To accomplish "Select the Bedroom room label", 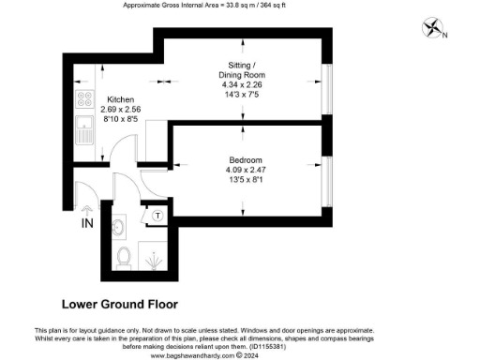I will (247, 159).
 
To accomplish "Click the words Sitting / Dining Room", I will (241, 68).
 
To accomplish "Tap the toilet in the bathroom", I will (124, 255).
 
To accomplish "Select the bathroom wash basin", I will (119, 226).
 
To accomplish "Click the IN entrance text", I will (87, 224).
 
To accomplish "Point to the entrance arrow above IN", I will (87, 210).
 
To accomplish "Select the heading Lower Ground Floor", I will (119, 304).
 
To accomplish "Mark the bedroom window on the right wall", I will (327, 178).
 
